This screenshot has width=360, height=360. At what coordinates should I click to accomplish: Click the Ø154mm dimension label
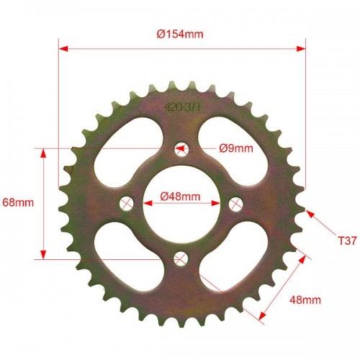[x=180, y=34]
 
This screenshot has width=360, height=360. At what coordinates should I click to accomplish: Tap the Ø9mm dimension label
[x=236, y=148]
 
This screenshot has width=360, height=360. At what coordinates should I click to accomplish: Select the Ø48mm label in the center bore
[x=180, y=197]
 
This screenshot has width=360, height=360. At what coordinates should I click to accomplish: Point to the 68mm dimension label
[x=18, y=203]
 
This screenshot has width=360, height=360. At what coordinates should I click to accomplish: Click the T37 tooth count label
[x=348, y=240]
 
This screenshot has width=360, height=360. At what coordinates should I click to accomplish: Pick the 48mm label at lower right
[x=305, y=300]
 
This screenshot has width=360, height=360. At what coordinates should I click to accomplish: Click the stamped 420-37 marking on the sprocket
[x=182, y=107]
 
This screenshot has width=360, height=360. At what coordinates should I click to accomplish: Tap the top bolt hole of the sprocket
[x=181, y=149]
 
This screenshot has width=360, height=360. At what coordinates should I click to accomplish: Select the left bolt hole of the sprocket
[x=127, y=204]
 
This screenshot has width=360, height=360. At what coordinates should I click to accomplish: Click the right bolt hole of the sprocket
[x=235, y=204]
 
